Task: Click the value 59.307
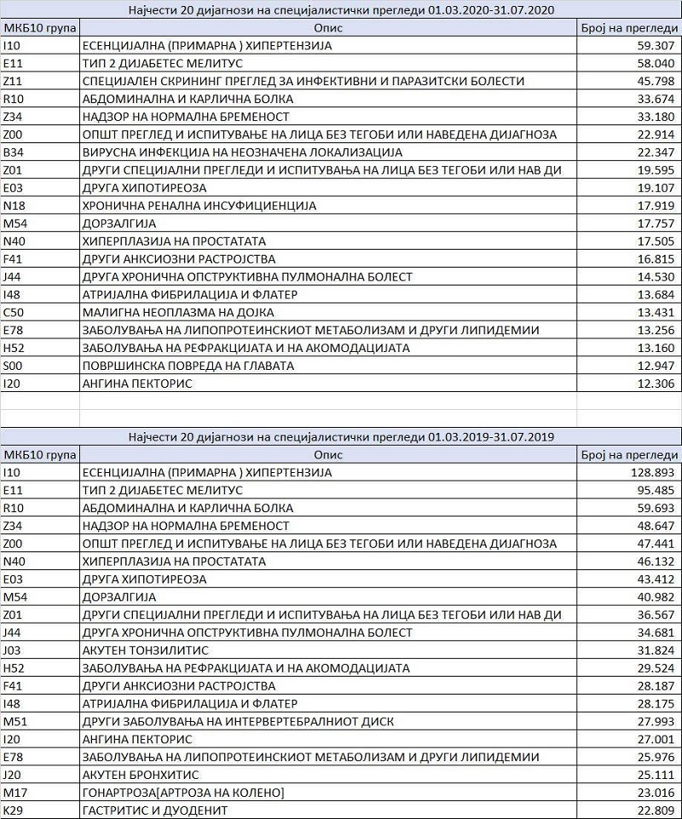(656, 45)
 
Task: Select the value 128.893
(652, 472)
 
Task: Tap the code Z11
(12, 81)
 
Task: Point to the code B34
(12, 152)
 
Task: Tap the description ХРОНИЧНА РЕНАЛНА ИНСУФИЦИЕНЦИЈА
(199, 205)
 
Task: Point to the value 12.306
(656, 384)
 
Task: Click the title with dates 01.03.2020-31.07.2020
(341, 9)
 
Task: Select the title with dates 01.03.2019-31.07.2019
(341, 436)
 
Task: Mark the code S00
(12, 366)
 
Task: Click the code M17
(13, 793)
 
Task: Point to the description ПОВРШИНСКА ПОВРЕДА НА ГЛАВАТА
(188, 366)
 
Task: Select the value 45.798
(656, 81)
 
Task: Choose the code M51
(13, 721)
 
